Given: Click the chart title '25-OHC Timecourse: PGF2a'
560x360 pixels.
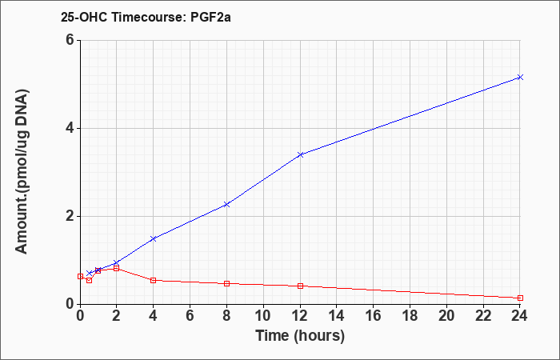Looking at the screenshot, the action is pos(146,17).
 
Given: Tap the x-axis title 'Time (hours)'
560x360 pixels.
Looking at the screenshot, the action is pos(300,336).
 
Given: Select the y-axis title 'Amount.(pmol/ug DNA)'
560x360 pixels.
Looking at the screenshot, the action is pos(22,172).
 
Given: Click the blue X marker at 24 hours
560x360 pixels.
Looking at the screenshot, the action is pos(520,77).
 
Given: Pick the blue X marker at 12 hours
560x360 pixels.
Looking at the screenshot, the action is pos(300,154).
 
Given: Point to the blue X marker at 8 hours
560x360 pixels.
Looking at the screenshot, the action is pos(226,205).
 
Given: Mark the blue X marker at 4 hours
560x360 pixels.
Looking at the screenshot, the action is pos(154,238).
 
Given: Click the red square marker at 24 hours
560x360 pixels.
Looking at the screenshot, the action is pos(520,298).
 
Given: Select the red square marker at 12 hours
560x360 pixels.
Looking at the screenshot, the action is pos(300,286).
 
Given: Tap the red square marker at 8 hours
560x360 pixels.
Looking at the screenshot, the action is pos(226,283).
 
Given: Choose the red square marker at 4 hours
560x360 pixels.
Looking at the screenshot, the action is pos(154,280).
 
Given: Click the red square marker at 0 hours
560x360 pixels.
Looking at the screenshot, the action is pos(80,277).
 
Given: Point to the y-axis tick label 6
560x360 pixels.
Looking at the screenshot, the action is pos(70,40).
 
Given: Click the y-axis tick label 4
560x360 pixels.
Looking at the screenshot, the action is pos(70,128).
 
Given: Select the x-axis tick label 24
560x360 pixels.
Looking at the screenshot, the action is pos(520,316).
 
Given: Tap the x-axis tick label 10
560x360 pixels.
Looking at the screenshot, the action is pos(263,316).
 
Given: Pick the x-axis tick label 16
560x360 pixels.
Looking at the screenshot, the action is pos(374,316).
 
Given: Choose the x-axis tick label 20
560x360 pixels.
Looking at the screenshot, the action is pos(446,316).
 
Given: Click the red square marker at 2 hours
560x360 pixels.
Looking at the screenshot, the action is pos(117,268).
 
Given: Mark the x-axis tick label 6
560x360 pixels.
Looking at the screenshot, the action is pos(190,316).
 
